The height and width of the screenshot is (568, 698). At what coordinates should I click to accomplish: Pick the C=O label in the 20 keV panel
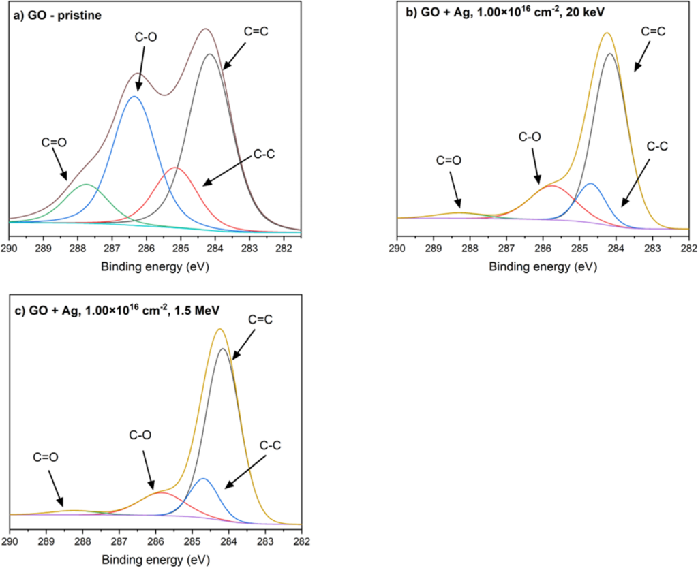(x=449, y=161)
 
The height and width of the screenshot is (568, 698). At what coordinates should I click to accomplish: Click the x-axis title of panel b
(x=542, y=266)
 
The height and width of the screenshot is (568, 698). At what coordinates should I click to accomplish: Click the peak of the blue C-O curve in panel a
(x=134, y=97)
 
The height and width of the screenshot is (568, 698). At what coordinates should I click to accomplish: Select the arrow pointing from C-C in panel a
(x=228, y=170)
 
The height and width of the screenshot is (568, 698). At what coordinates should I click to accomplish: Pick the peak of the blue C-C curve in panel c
(x=203, y=479)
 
